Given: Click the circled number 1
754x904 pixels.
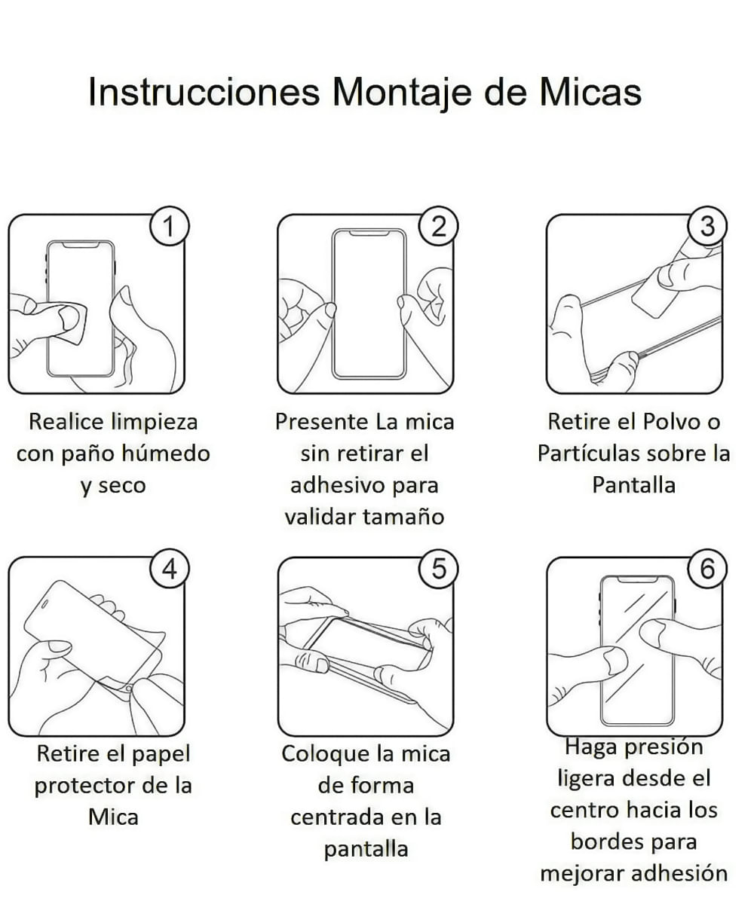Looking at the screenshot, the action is tap(170, 226).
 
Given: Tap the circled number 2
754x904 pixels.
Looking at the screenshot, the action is tap(439, 226).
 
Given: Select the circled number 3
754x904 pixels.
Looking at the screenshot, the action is tap(708, 226).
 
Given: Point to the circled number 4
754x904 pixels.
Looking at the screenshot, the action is tap(170, 569).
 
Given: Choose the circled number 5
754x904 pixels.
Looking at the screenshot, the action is tap(439, 569).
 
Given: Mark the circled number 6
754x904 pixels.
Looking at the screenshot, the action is tap(708, 569).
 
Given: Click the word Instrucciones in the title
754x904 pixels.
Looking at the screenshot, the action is tap(204, 92).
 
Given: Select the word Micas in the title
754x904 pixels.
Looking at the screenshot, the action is tap(590, 92).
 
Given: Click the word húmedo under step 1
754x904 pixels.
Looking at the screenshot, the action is tap(165, 454).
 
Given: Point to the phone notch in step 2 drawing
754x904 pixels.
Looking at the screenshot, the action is tap(369, 234).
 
